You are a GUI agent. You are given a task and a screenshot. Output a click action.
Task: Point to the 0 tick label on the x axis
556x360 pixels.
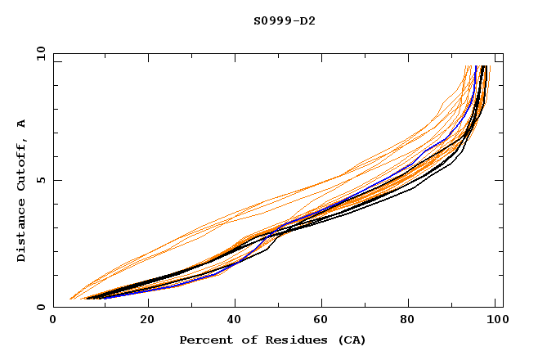pyautogui.click(x=53, y=322)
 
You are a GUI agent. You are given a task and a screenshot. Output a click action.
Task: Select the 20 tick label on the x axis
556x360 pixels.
pyautogui.click(x=147, y=322)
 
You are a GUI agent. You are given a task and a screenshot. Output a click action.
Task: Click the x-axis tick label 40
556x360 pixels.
pyautogui.click(x=235, y=322)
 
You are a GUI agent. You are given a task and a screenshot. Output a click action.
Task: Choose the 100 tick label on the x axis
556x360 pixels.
pyautogui.click(x=495, y=322)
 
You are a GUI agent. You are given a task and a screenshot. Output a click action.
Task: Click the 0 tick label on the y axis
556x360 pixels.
pyautogui.click(x=40, y=307)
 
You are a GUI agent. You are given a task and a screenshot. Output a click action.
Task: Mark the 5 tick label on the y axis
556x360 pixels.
pyautogui.click(x=40, y=180)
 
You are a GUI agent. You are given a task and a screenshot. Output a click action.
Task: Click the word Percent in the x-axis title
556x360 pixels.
pyautogui.click(x=204, y=340)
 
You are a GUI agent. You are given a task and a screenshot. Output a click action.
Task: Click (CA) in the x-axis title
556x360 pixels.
pyautogui.click(x=349, y=340)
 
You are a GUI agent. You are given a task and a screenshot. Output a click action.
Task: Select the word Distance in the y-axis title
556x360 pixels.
pyautogui.click(x=21, y=232)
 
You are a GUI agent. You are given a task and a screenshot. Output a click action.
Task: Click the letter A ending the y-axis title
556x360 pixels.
pyautogui.click(x=21, y=124)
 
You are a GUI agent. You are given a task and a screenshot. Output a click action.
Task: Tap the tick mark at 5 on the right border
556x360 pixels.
pyautogui.click(x=499, y=180)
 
